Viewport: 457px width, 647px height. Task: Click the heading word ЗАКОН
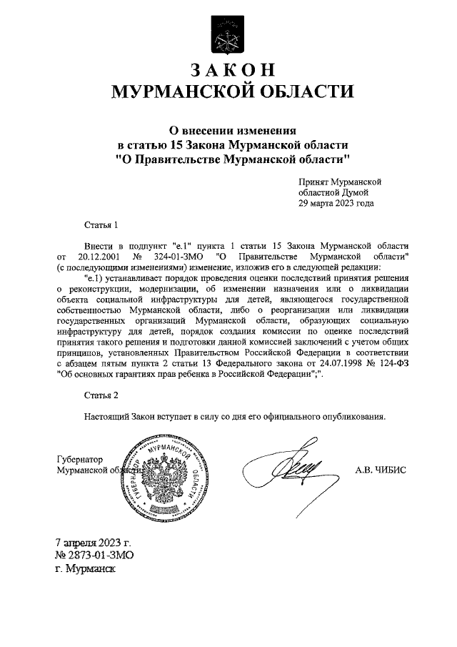pos(228,70)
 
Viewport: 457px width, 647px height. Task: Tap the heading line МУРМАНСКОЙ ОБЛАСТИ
pos(228,92)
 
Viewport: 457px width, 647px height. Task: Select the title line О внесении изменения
pos(228,130)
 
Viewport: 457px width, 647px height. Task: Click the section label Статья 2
pos(100,395)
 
